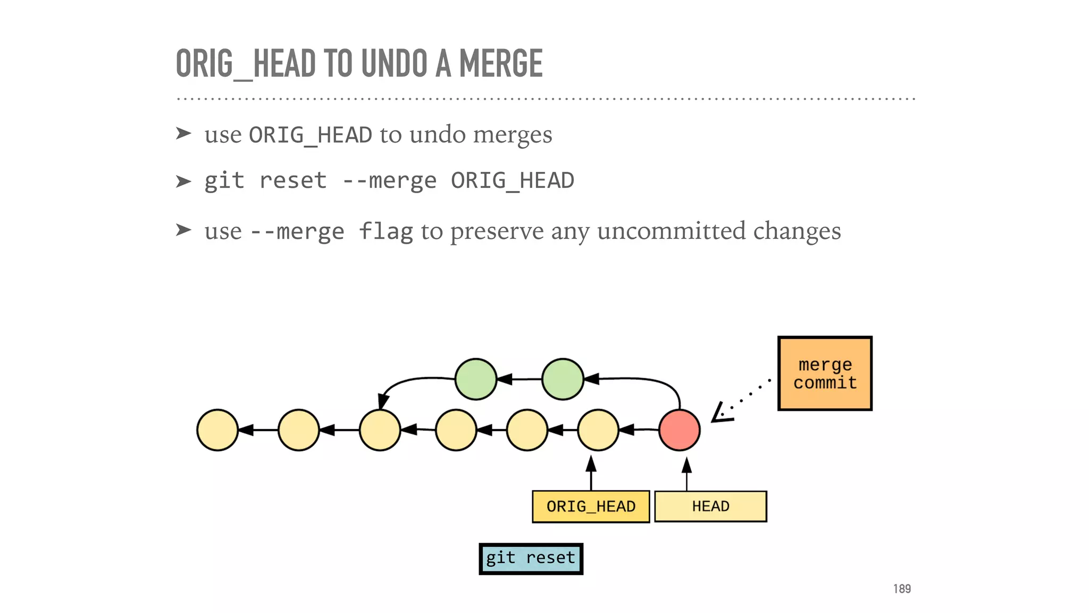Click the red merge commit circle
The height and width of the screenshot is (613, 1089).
click(679, 430)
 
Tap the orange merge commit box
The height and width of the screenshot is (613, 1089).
click(825, 373)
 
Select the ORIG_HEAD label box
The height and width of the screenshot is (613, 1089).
click(591, 507)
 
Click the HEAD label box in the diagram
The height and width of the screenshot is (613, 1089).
click(710, 507)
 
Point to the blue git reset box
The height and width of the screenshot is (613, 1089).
click(531, 558)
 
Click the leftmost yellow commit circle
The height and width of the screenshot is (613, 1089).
click(217, 430)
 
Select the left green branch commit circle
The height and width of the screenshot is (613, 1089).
click(476, 379)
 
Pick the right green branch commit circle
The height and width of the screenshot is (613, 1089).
click(563, 379)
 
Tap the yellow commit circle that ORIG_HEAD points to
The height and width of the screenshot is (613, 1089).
click(598, 430)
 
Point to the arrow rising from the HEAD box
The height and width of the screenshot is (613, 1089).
click(686, 474)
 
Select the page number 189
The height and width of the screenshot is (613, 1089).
click(902, 589)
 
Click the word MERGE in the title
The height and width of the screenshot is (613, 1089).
click(500, 63)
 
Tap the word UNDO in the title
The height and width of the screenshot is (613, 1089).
click(394, 63)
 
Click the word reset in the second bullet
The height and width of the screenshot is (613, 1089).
click(292, 181)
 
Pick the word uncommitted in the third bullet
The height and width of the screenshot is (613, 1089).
click(671, 231)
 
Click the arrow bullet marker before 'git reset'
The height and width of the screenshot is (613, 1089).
click(183, 181)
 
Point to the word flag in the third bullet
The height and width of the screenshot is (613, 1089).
click(386, 231)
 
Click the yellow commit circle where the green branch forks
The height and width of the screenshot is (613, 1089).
click(380, 430)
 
